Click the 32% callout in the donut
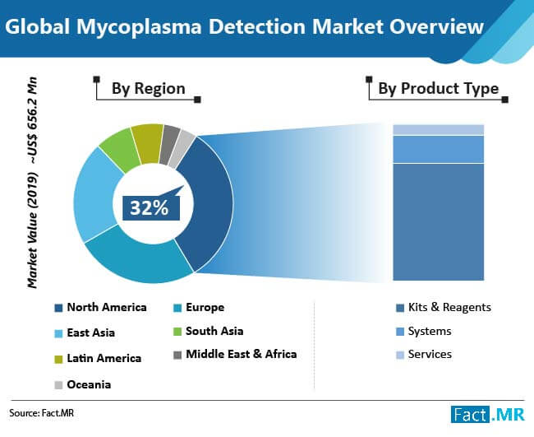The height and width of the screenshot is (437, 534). [x=151, y=207]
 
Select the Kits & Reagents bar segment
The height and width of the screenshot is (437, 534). [x=439, y=222]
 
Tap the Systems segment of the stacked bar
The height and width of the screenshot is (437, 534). [x=439, y=150]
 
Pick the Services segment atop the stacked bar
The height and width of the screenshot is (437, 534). [x=439, y=130]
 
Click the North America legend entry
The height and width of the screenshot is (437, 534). [x=100, y=307]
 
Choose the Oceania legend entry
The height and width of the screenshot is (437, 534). [x=83, y=385]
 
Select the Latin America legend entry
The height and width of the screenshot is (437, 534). [x=98, y=359]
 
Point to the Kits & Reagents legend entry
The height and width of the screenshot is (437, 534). [x=444, y=307]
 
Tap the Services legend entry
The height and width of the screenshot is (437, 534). [x=424, y=355]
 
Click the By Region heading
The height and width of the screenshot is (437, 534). [x=149, y=89]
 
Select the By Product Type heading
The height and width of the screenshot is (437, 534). [x=439, y=89]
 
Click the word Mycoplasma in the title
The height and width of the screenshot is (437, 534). [x=139, y=27]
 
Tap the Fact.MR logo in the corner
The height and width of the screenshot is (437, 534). [x=488, y=414]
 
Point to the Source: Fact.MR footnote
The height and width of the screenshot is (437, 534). [x=42, y=413]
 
